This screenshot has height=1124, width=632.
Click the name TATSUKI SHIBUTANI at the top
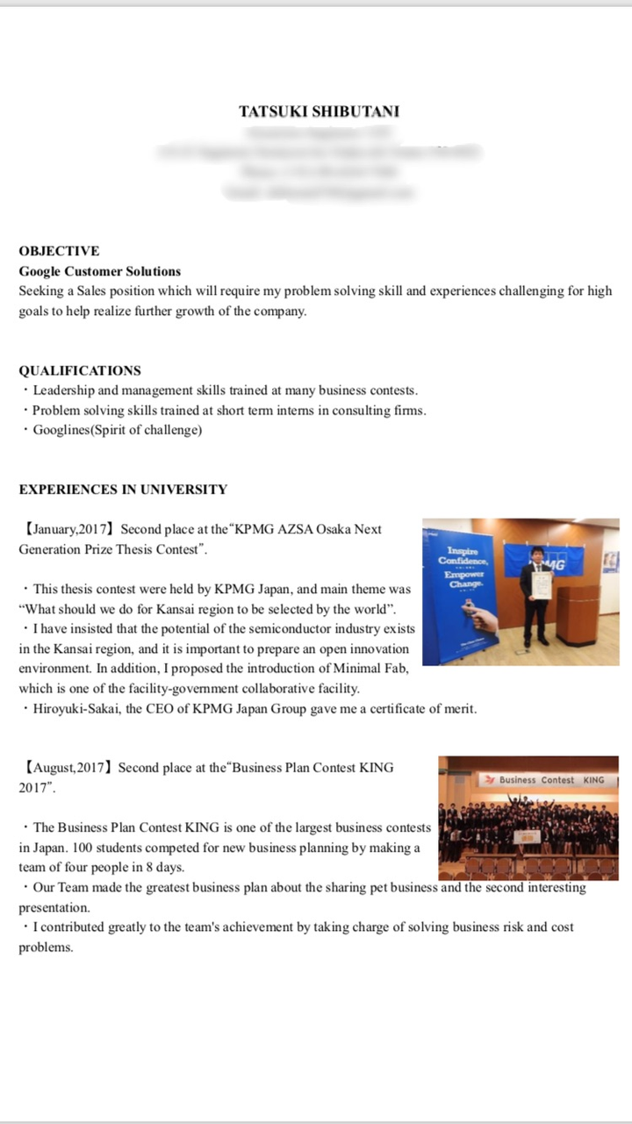319,111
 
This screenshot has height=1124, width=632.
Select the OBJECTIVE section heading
59,251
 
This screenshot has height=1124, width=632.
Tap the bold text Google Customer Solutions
100,271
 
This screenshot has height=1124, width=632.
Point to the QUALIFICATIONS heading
80,370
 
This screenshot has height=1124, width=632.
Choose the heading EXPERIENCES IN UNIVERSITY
123,490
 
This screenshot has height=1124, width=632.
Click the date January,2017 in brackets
70,529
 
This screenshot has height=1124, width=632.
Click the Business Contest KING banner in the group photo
545,779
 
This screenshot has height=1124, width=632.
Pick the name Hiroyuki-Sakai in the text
74,709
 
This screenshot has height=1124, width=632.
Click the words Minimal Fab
376,669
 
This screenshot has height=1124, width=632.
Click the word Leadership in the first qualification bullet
63,390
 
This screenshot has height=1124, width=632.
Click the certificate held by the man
542,586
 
